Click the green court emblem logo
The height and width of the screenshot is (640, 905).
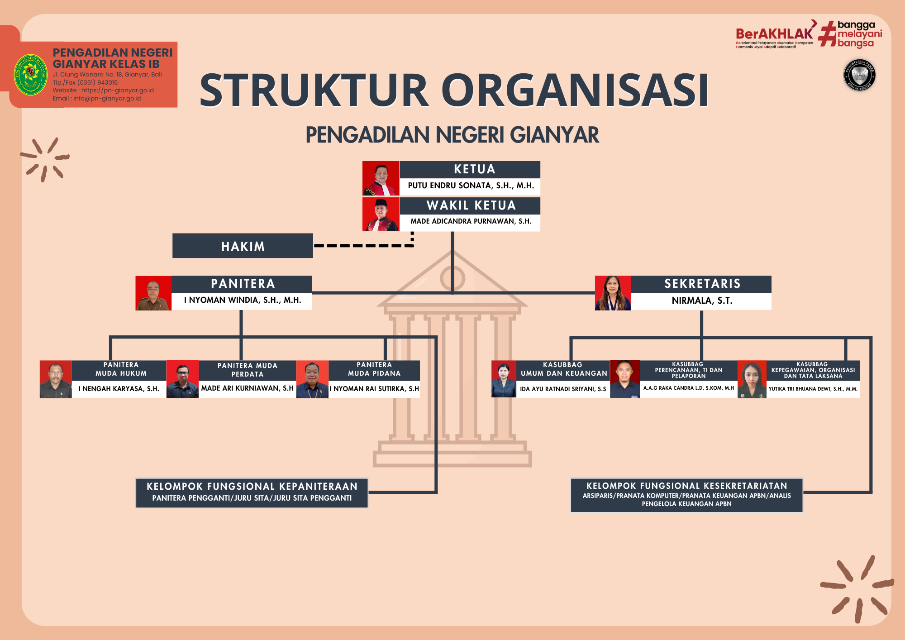tap(30, 75)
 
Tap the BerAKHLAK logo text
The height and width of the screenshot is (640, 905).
tap(774, 34)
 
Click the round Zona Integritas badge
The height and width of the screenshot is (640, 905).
tap(859, 76)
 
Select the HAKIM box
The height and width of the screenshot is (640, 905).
tap(243, 246)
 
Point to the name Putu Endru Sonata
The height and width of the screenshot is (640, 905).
tap(471, 186)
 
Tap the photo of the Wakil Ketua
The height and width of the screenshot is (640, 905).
tap(381, 215)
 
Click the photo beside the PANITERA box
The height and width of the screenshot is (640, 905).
tap(153, 293)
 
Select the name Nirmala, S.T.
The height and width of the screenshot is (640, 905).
tap(702, 301)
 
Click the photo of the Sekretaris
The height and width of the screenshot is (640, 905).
tap(613, 293)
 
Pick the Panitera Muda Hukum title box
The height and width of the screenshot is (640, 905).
tap(121, 369)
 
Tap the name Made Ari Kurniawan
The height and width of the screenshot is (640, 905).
tap(247, 388)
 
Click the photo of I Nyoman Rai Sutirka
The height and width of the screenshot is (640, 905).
tap(312, 379)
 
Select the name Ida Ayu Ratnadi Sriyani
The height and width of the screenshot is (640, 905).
tap(563, 389)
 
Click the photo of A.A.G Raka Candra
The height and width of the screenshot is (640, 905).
tap(625, 379)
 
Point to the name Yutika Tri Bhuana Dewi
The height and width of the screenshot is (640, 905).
tap(813, 389)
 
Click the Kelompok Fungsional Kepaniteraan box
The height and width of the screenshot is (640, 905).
tap(252, 493)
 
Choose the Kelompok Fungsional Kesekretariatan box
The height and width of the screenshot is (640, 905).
tap(686, 495)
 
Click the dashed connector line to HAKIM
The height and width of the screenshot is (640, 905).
tap(362, 245)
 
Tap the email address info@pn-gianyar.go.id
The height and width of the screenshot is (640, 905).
tap(107, 99)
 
